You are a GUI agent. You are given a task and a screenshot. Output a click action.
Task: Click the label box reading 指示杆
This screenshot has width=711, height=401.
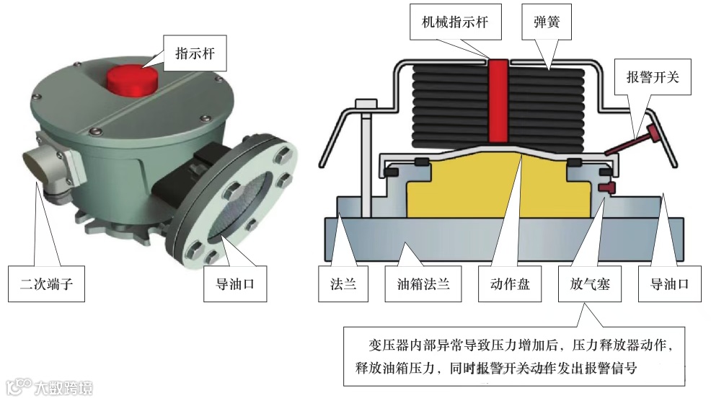[195, 53]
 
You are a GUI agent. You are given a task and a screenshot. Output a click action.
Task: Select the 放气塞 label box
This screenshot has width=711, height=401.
[585, 283]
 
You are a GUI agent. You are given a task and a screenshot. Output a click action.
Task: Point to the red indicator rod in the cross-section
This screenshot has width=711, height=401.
[498, 101]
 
